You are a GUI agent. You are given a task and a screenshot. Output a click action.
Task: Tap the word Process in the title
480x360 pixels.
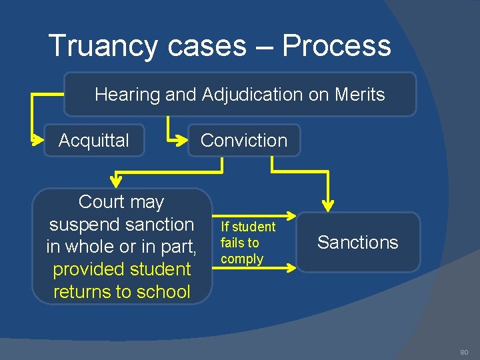pos(336,46)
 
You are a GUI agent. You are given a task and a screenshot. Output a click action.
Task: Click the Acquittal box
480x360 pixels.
pos(94,141)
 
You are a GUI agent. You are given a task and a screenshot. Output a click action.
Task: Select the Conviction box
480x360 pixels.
pos(244,141)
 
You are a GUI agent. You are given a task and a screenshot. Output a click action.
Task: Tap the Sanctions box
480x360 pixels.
pos(358,243)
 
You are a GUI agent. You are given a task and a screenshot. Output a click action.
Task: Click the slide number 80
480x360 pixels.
pos(464,352)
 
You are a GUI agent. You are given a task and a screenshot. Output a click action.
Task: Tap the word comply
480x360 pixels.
pos(242,259)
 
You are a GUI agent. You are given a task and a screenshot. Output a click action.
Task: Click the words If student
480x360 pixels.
pos(248,227)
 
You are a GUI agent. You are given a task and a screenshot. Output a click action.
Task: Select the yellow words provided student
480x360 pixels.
pos(122,269)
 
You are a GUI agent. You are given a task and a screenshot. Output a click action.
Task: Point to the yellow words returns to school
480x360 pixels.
pos(122,292)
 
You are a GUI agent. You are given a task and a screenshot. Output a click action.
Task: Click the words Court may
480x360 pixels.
pos(121,202)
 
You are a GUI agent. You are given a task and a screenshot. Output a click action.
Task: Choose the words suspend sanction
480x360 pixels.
pos(121,225)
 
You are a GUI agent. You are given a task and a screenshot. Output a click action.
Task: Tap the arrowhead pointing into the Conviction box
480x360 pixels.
pos(183,141)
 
